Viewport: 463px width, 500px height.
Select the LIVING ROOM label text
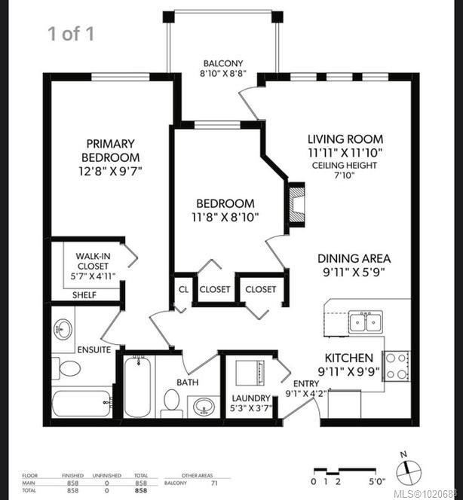pyautogui.click(x=345, y=139)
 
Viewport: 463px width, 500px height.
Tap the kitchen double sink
pyautogui.click(x=364, y=322)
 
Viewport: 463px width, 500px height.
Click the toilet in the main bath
pyautogui.click(x=172, y=401)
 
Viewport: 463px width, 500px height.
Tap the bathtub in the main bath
pyautogui.click(x=138, y=388)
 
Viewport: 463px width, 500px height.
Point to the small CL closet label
pyautogui.click(x=183, y=289)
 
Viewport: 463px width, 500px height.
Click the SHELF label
pyautogui.click(x=84, y=294)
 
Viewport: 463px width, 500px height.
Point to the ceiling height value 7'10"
pyautogui.click(x=345, y=175)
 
